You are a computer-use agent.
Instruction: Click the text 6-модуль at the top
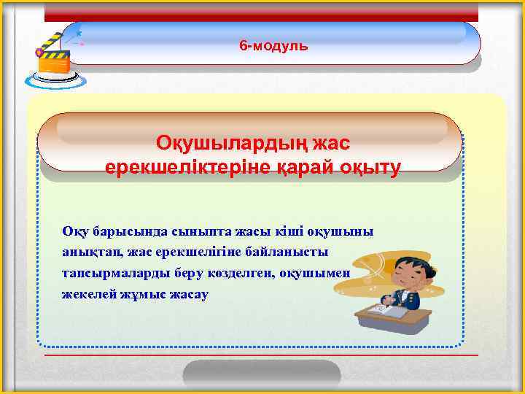(x=273, y=46)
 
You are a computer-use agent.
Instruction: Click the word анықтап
(x=91, y=252)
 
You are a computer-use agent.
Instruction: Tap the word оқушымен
(x=316, y=274)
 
